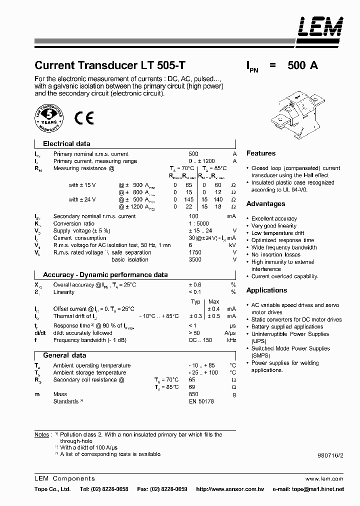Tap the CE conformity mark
click(x=84, y=118)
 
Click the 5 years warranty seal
click(x=48, y=118)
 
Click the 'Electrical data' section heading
click(x=66, y=143)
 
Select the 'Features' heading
click(x=261, y=153)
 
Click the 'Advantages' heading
click(x=265, y=204)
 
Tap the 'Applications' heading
click(x=266, y=290)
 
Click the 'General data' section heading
click(x=64, y=355)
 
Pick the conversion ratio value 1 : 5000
click(x=199, y=223)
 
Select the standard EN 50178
click(x=200, y=401)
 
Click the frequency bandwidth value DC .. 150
click(x=200, y=340)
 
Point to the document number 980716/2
click(x=330, y=455)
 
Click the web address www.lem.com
click(x=330, y=478)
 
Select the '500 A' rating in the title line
click(x=302, y=65)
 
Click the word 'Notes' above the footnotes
click(x=42, y=435)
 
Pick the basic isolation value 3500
click(x=195, y=259)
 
